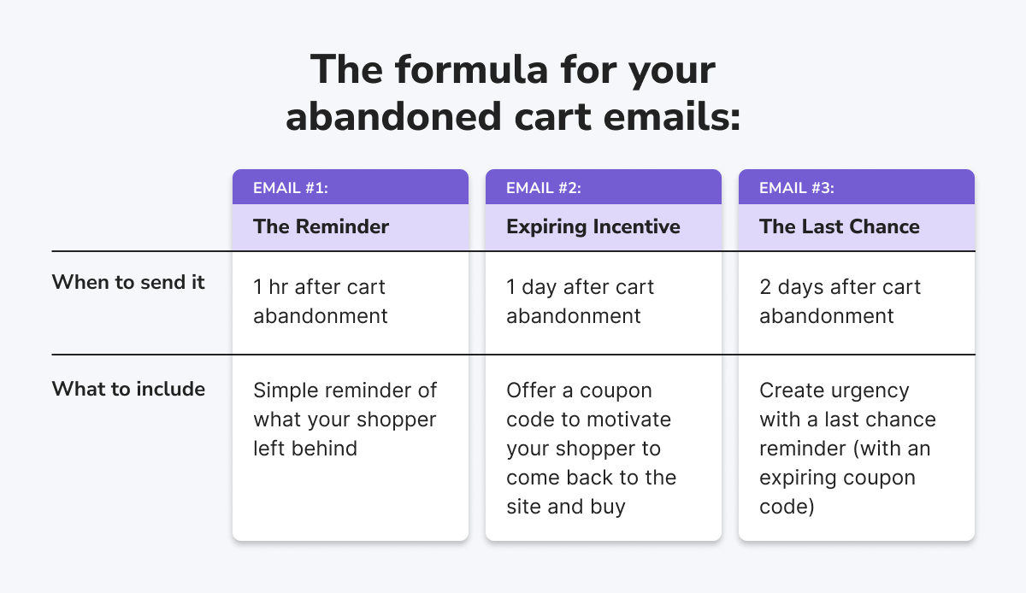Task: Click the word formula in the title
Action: coord(472,69)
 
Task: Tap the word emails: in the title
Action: coord(671,117)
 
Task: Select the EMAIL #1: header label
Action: coord(291,188)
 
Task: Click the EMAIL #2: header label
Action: coord(543,188)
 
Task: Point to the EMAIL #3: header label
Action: coord(797,188)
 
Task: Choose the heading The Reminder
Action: coord(321,226)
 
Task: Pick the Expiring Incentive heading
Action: coord(593,227)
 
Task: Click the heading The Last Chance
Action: coord(839,226)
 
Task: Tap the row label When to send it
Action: coord(128,282)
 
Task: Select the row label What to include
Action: coord(128,389)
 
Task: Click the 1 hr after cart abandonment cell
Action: coord(321,302)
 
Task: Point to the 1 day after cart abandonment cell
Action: coord(580,302)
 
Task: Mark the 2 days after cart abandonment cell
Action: coord(840,302)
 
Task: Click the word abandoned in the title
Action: coord(393,117)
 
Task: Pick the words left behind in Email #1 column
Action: coord(305,449)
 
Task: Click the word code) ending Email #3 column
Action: coord(787,507)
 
